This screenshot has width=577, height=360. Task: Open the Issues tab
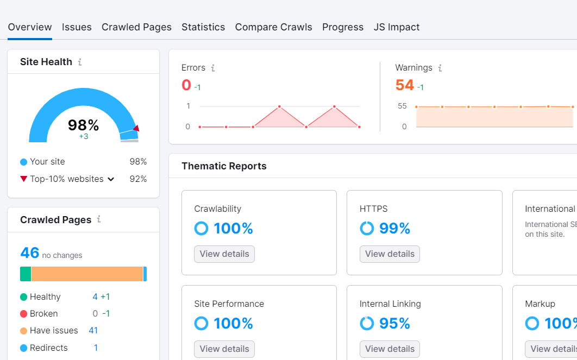77,27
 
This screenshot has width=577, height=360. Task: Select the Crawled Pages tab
136,27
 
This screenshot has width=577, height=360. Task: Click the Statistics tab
203,27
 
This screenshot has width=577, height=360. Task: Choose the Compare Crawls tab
273,27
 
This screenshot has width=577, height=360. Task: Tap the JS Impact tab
396,27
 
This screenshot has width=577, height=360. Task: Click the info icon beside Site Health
80,62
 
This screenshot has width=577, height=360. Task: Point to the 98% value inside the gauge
83,125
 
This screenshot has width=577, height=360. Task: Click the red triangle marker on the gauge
136,128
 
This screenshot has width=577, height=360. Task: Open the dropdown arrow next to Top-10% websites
111,179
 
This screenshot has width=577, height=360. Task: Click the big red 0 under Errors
186,85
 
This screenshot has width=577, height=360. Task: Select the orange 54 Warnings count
404,85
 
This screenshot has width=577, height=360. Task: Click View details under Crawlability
224,254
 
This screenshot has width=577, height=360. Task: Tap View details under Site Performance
224,349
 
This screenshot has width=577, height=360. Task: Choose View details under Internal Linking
390,349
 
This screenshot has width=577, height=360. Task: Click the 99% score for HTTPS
394,229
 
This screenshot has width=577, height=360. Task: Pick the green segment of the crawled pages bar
26,274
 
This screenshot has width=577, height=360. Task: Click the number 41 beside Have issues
93,331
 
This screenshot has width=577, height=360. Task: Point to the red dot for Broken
23,314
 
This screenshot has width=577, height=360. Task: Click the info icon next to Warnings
440,68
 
